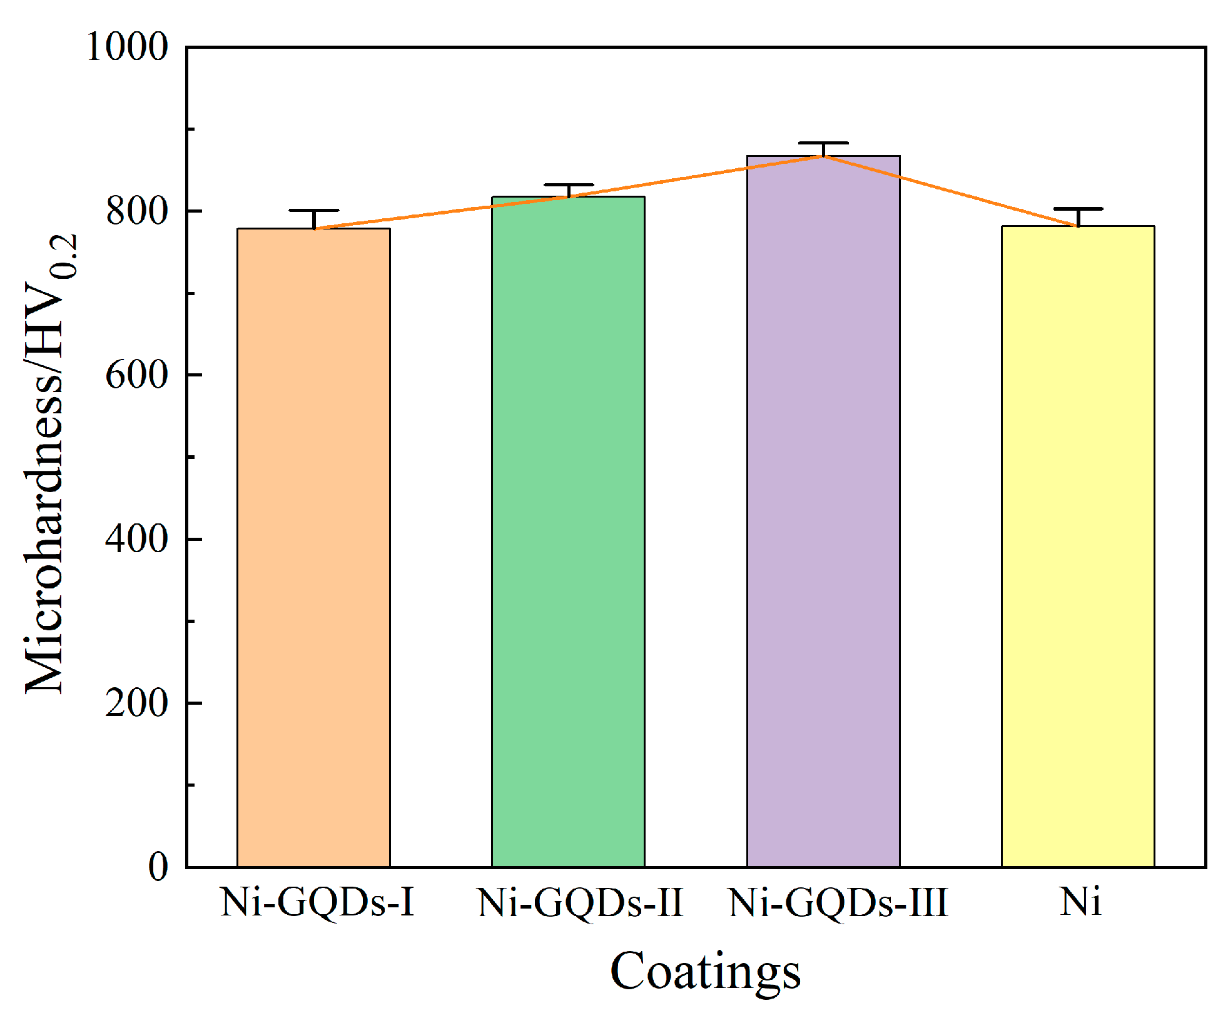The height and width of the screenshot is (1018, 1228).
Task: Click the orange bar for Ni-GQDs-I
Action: (x=313, y=547)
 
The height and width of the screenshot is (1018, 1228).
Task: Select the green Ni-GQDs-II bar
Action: (x=568, y=532)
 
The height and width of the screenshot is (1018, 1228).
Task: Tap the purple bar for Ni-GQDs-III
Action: (x=823, y=511)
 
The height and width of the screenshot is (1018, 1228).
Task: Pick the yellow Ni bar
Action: (x=1078, y=546)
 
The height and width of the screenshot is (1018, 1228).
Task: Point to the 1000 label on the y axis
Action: (x=128, y=47)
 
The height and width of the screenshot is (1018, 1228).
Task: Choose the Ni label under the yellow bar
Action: (x=1080, y=902)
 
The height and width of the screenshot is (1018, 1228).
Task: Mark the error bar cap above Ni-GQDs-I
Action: (x=313, y=211)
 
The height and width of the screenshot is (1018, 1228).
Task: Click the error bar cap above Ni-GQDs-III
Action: (x=823, y=143)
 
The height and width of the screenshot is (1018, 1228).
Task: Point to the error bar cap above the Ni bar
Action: (x=1078, y=208)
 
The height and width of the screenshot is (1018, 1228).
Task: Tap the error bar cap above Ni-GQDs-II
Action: (x=568, y=185)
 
